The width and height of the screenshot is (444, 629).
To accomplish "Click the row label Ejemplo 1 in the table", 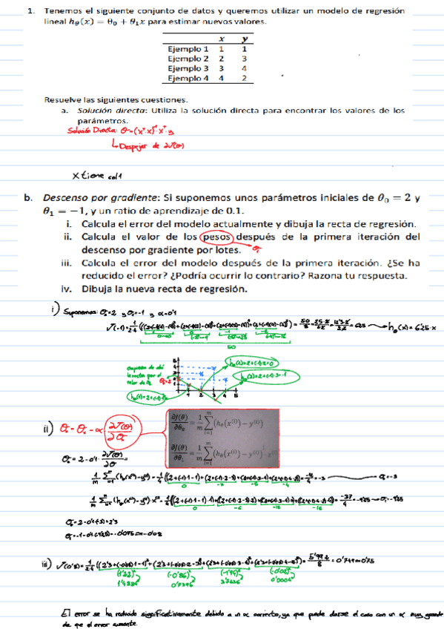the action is coord(188,48).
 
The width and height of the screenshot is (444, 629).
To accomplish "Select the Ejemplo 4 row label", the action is coord(188,77).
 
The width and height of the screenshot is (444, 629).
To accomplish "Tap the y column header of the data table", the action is coord(244,39).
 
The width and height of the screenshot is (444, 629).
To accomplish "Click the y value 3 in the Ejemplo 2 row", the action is coord(244,58).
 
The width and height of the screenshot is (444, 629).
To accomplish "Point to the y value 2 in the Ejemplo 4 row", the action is coord(244,77).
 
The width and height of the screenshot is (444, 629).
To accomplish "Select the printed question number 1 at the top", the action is coord(30,11).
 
